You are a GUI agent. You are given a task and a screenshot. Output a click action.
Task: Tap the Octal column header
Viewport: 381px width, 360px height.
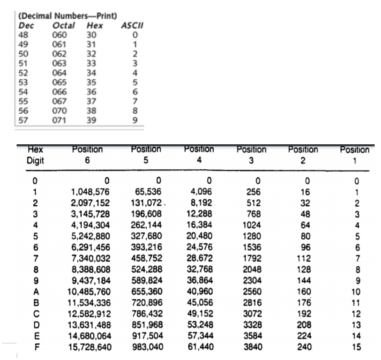coord(59,19)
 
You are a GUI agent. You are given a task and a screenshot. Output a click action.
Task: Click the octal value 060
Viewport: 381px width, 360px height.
coord(58,27)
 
